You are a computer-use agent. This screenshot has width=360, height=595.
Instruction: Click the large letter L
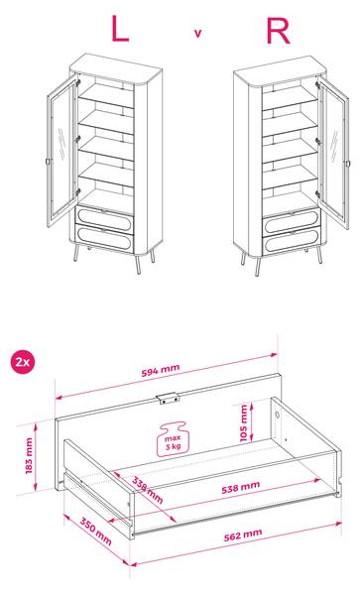(120, 30)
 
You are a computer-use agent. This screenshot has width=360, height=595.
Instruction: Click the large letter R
(278, 31)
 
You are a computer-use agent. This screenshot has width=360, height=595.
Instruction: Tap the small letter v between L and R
(197, 34)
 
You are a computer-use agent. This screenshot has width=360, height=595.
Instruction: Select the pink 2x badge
(23, 362)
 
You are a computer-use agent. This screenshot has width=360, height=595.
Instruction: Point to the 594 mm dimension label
(161, 370)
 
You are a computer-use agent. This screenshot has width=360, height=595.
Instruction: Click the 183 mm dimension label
(29, 456)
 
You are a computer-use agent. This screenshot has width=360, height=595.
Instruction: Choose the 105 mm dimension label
(244, 423)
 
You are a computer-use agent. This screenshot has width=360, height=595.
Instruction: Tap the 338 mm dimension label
(148, 490)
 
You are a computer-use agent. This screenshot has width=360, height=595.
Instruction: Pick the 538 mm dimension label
(241, 487)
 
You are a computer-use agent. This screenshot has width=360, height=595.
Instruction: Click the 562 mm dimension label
(243, 535)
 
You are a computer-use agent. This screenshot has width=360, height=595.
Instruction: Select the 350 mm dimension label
(95, 532)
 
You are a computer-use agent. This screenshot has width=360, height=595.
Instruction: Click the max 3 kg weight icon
(173, 438)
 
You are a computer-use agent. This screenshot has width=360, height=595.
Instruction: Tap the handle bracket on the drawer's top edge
(167, 398)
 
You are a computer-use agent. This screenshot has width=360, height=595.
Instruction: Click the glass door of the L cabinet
(61, 152)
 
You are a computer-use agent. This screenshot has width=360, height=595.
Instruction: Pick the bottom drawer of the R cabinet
(292, 241)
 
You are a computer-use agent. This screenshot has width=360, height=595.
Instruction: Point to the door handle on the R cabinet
(348, 164)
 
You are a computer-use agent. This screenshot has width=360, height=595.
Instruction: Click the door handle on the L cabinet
(49, 162)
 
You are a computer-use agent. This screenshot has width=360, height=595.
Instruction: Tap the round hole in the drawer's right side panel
(279, 414)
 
